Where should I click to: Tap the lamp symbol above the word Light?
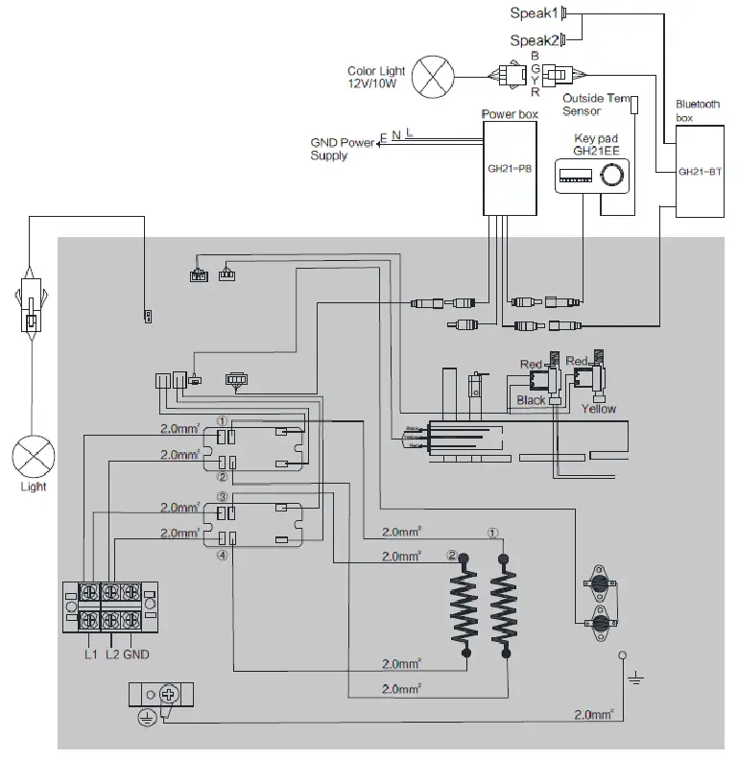(x=32, y=451)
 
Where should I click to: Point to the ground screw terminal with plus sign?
(x=169, y=694)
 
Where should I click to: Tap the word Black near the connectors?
(x=531, y=399)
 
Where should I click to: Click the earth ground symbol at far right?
(x=633, y=679)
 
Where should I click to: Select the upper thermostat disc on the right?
(x=600, y=583)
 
